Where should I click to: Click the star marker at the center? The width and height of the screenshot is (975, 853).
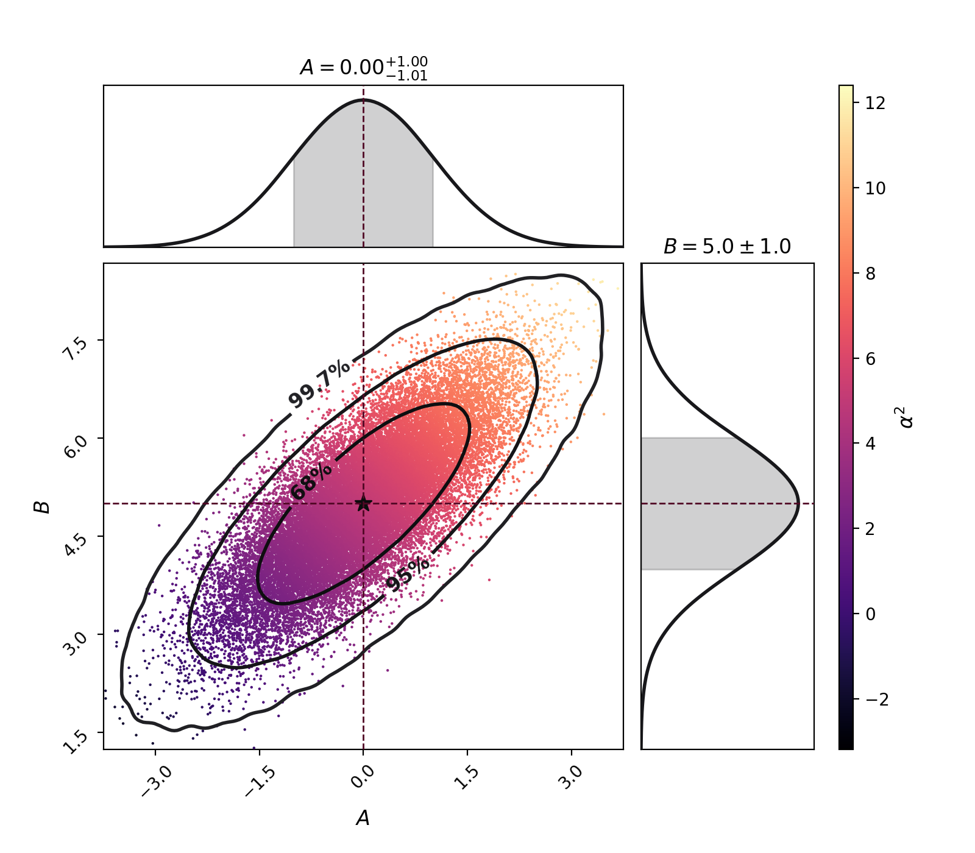363,503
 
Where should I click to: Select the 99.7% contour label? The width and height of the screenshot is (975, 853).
319,384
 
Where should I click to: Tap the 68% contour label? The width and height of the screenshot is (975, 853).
311,481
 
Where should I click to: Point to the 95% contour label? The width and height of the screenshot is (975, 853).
408,575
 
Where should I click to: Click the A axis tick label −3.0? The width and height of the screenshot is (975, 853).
157,780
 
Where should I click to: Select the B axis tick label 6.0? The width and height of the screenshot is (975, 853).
76,446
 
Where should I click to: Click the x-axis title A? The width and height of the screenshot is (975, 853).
363,818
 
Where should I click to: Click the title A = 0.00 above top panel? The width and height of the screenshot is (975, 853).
363,67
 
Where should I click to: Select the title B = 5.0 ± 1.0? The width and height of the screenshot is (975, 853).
727,247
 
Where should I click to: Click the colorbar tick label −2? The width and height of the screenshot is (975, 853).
877,699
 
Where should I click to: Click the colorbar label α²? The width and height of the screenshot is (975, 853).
907,417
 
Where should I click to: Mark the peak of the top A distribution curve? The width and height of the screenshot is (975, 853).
363,99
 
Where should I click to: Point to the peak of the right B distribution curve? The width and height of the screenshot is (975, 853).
798,503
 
